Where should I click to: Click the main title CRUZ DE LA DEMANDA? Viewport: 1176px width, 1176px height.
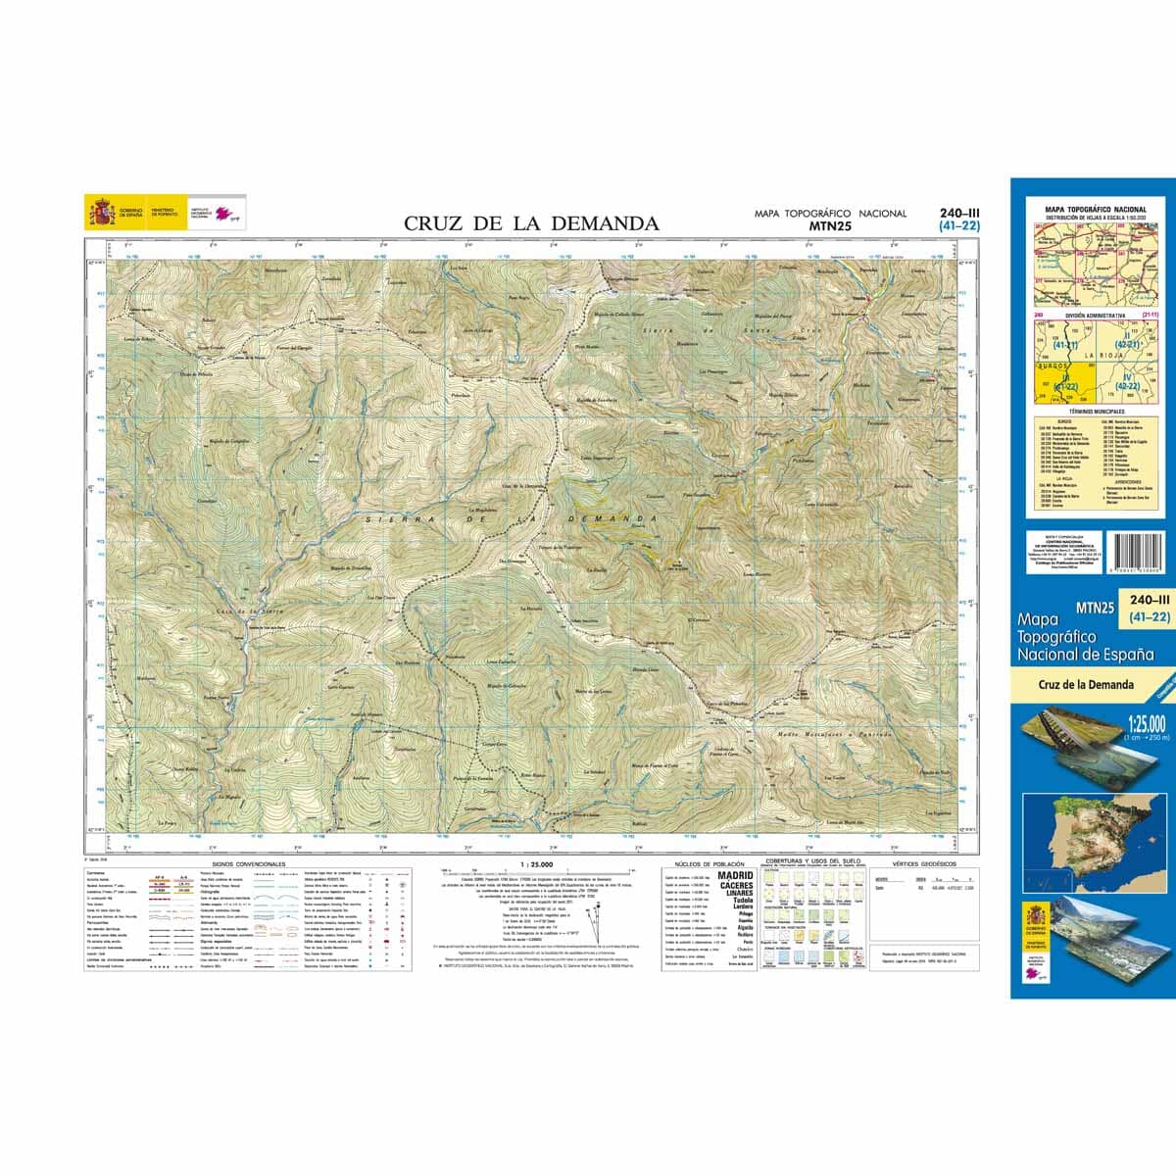click(x=531, y=223)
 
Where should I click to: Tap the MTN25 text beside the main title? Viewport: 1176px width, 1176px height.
click(x=830, y=225)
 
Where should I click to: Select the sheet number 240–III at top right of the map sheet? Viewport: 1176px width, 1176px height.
click(x=958, y=213)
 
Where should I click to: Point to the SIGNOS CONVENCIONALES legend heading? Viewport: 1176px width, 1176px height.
click(x=241, y=864)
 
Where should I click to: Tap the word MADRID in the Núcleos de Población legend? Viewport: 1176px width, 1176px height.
click(x=737, y=875)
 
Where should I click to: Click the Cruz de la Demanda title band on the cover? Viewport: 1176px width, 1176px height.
click(x=1086, y=684)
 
